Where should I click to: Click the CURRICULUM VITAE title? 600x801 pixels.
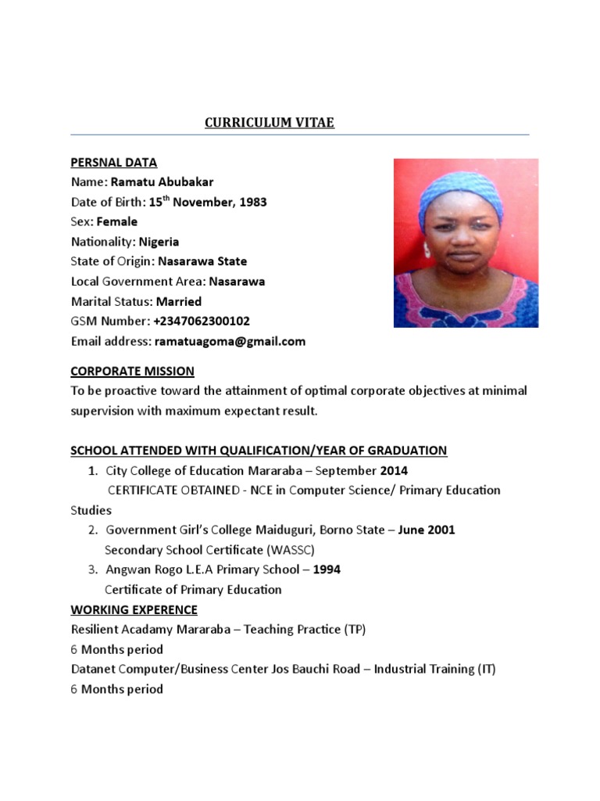pos(270,123)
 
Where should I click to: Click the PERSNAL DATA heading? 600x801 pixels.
pos(114,163)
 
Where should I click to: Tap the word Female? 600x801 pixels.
pos(117,222)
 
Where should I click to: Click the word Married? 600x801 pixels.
pos(179,302)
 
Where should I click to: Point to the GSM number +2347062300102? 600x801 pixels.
pos(202,321)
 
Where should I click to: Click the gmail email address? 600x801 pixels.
pos(230,342)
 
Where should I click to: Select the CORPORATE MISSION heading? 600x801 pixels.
pos(133,372)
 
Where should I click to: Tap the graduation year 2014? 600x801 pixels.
pos(394,471)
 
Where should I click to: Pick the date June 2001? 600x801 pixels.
pos(427,530)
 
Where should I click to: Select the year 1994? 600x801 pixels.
pos(327,569)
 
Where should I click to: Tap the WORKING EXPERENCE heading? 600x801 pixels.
pos(134,610)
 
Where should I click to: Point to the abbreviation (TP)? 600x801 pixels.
pos(354,630)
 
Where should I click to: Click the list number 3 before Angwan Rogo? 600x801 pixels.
pos(92,569)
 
